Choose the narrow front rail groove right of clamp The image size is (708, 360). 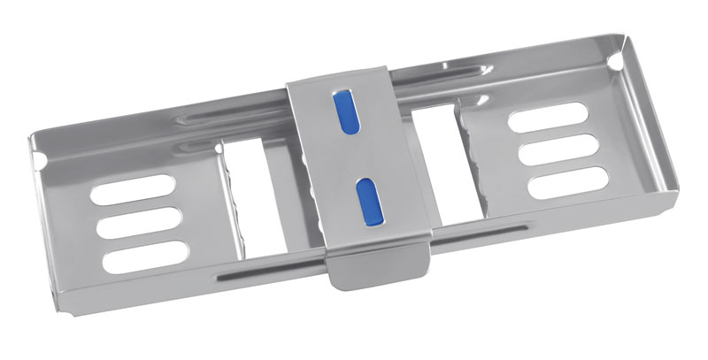478,233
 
